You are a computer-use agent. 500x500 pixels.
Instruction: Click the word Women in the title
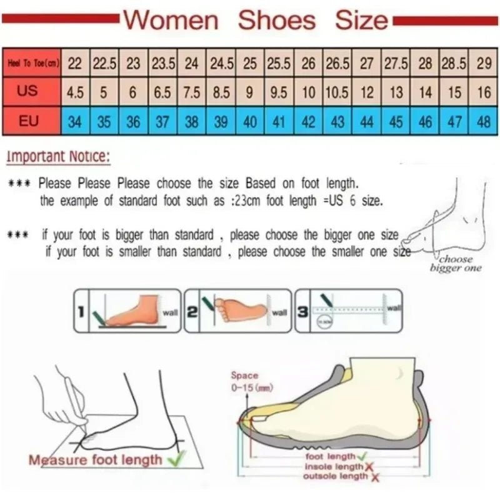pyautogui.click(x=171, y=20)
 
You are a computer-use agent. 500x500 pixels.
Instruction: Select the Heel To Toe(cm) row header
pyautogui.click(x=32, y=63)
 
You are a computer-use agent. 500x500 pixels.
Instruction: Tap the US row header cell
pyautogui.click(x=27, y=91)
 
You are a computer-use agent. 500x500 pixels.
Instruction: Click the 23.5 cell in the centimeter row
pyautogui.click(x=162, y=63)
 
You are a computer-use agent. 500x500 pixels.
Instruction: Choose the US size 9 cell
pyautogui.click(x=249, y=92)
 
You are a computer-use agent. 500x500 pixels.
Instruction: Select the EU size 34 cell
pyautogui.click(x=74, y=121)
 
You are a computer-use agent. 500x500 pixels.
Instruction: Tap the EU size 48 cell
pyautogui.click(x=483, y=121)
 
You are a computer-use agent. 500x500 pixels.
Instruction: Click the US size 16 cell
pyautogui.click(x=483, y=92)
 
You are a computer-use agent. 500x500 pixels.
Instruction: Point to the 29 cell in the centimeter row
pyautogui.click(x=483, y=63)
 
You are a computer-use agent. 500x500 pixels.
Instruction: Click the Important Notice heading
pyautogui.click(x=58, y=156)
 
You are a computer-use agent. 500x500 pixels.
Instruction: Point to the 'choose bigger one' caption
pyautogui.click(x=456, y=264)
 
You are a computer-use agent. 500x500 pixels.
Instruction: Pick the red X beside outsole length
pyautogui.click(x=374, y=477)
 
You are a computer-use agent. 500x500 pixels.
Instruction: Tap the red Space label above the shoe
pyautogui.click(x=244, y=375)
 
